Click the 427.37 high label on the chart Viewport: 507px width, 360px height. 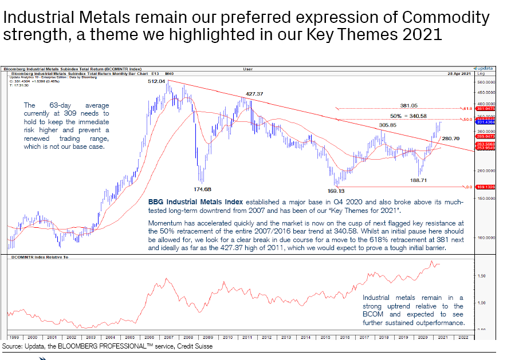[x=254, y=93]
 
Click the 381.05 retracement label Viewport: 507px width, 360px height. [x=408, y=105]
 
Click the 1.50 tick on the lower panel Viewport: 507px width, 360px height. [x=481, y=275]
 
